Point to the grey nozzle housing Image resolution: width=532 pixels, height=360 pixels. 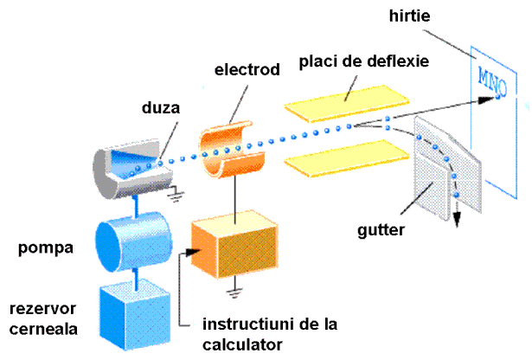pyautogui.click(x=130, y=164)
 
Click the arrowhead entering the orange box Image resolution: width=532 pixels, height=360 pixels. pyautogui.click(x=184, y=254)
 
